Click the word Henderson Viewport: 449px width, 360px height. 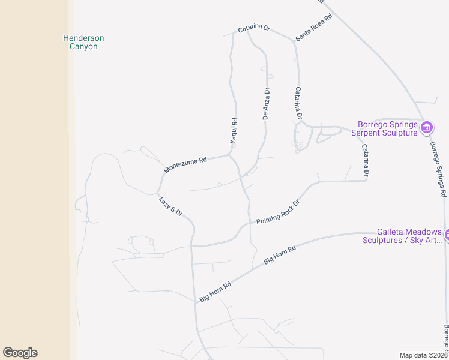coord(83,38)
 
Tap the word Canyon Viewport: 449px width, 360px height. coord(83,47)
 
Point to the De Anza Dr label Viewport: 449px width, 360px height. coord(267,104)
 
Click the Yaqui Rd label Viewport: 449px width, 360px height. coord(234,130)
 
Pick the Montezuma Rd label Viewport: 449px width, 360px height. coord(185,165)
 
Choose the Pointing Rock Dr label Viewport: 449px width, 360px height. coord(277,212)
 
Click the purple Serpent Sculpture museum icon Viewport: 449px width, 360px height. coord(427,127)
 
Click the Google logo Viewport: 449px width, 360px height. coord(20,353)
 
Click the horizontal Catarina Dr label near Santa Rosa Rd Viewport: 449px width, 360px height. coord(254,28)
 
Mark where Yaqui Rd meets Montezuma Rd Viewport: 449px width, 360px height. coord(231,156)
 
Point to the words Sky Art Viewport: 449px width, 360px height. coord(427,241)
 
